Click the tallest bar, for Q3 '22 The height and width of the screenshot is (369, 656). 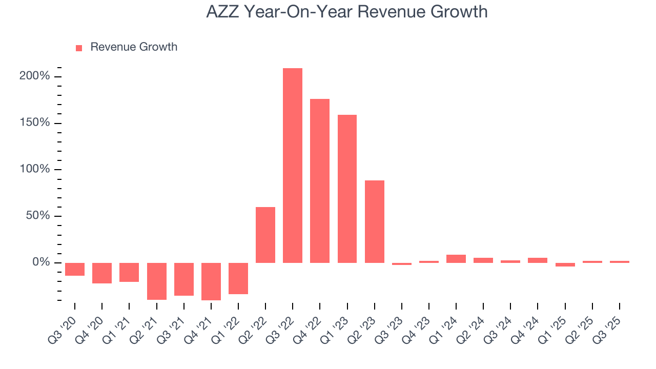tap(292, 165)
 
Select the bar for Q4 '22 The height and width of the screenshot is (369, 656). tap(320, 180)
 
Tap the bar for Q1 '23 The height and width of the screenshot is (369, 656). tap(347, 189)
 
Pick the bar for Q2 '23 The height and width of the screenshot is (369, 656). tap(374, 221)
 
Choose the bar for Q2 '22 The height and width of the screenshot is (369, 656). tap(265, 235)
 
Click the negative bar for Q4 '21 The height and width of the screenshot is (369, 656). tap(211, 281)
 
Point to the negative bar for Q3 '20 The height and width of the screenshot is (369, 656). tap(75, 269)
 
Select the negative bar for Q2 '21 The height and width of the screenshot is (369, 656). tap(156, 281)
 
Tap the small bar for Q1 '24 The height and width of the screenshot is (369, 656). tap(456, 259)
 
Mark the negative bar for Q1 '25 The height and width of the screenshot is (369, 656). tap(565, 264)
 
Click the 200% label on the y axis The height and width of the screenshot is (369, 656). tap(35, 76)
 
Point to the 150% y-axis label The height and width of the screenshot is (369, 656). tap(35, 123)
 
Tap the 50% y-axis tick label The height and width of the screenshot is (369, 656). tap(37, 216)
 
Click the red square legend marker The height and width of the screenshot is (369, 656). tap(79, 48)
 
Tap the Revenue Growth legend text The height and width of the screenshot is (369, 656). tap(134, 47)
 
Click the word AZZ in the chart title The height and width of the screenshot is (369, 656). tap(222, 12)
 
